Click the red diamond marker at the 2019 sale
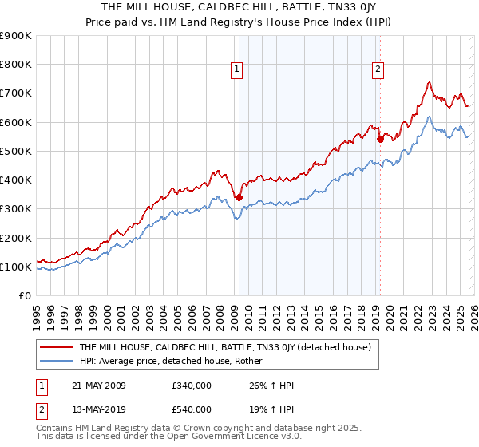pos(380,139)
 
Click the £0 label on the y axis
pos(25,295)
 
